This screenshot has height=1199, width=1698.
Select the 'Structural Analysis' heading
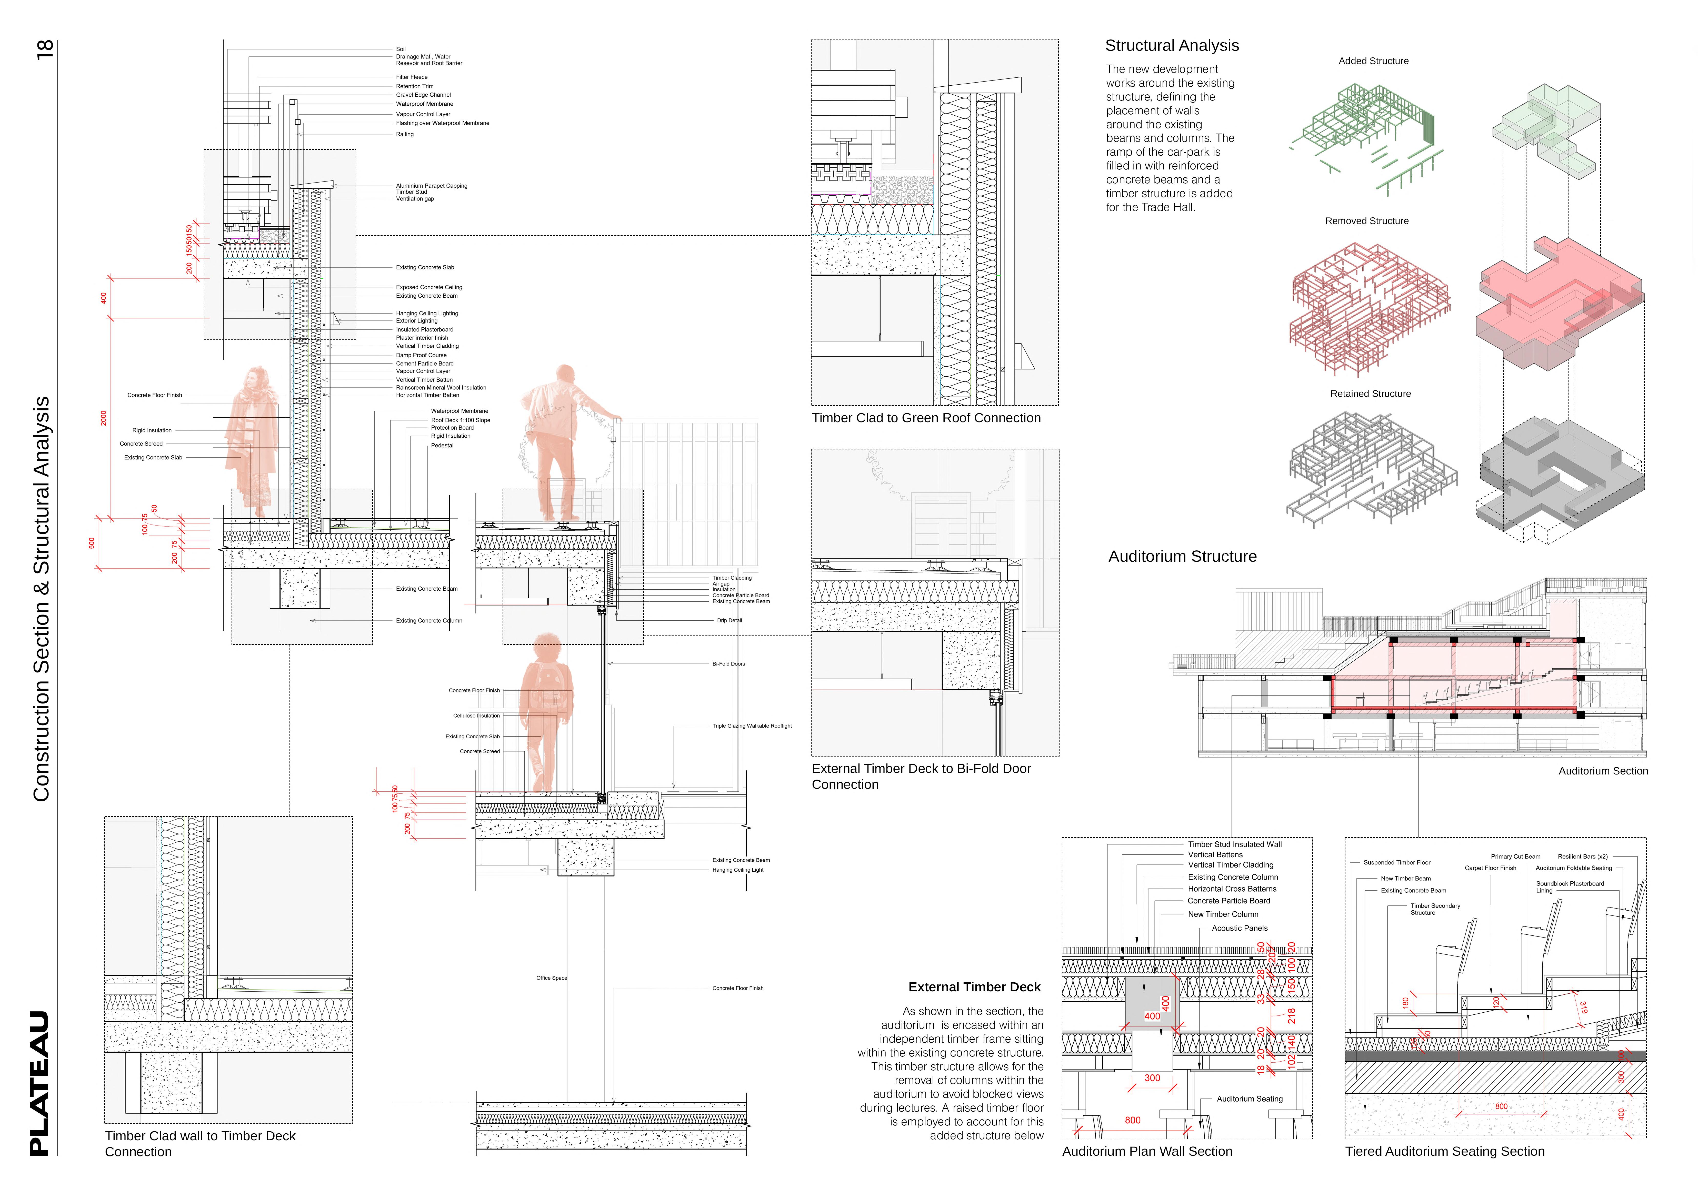[1171, 46]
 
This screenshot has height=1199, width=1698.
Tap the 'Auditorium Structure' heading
[1182, 557]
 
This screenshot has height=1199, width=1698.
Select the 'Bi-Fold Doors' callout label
[728, 664]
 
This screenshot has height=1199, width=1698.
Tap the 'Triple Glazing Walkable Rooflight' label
[751, 726]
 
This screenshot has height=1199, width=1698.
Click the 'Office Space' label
[552, 978]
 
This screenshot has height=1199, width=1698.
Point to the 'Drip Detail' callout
[729, 621]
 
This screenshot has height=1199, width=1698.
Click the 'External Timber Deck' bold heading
[974, 988]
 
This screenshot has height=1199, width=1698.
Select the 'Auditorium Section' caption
[1603, 771]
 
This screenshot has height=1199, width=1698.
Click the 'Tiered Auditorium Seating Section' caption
[1444, 1152]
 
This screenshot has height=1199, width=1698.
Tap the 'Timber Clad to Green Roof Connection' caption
[926, 418]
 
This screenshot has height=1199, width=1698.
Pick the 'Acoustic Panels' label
[1240, 929]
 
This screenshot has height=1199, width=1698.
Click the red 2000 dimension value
[104, 418]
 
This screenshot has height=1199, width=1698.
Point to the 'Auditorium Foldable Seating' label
[1573, 869]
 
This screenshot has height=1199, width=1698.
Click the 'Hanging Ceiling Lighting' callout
[427, 314]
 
